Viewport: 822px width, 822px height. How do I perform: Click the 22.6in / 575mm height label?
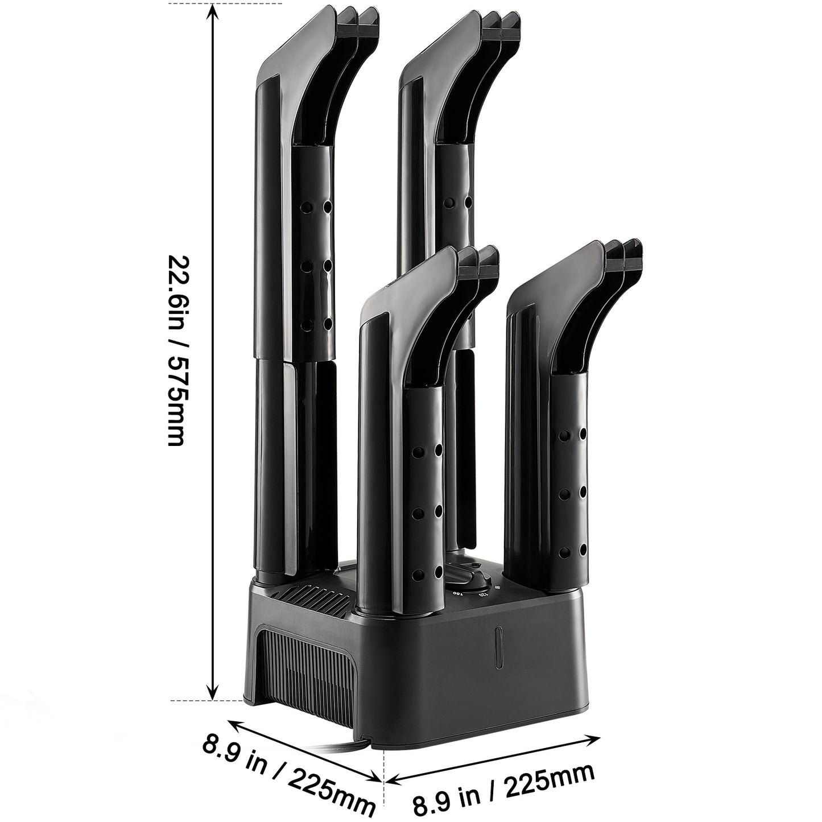tap(176, 350)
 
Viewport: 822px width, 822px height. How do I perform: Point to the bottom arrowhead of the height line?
tap(213, 690)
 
